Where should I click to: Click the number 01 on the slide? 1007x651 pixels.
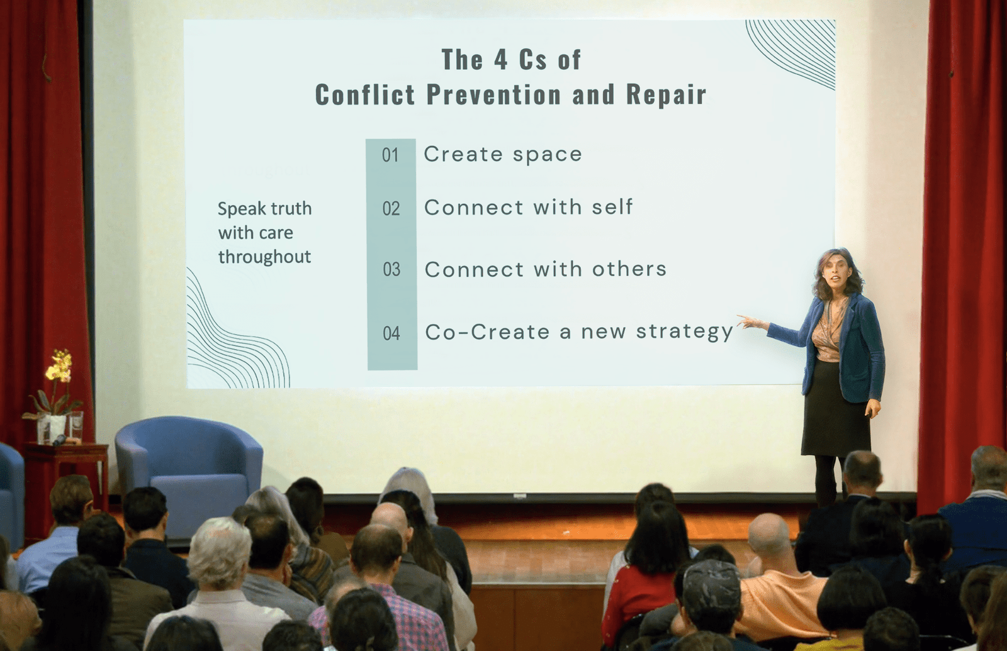pyautogui.click(x=390, y=155)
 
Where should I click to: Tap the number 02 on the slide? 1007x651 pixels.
pyautogui.click(x=391, y=209)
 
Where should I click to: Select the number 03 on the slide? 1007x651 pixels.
pyautogui.click(x=391, y=270)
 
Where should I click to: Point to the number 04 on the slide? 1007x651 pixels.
pyautogui.click(x=391, y=333)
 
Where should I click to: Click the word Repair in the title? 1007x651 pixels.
pyautogui.click(x=667, y=95)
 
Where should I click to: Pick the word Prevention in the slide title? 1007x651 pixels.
pyautogui.click(x=493, y=94)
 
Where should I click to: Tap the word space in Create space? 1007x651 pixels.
pyautogui.click(x=548, y=155)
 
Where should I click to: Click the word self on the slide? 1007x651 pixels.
pyautogui.click(x=612, y=207)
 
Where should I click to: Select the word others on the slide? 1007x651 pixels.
pyautogui.click(x=629, y=269)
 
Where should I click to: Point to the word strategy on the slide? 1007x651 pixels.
pyautogui.click(x=685, y=333)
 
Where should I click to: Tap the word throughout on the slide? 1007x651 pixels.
pyautogui.click(x=264, y=257)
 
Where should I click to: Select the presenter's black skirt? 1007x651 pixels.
pyautogui.click(x=835, y=409)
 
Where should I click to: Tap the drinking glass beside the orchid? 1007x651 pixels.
pyautogui.click(x=76, y=426)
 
